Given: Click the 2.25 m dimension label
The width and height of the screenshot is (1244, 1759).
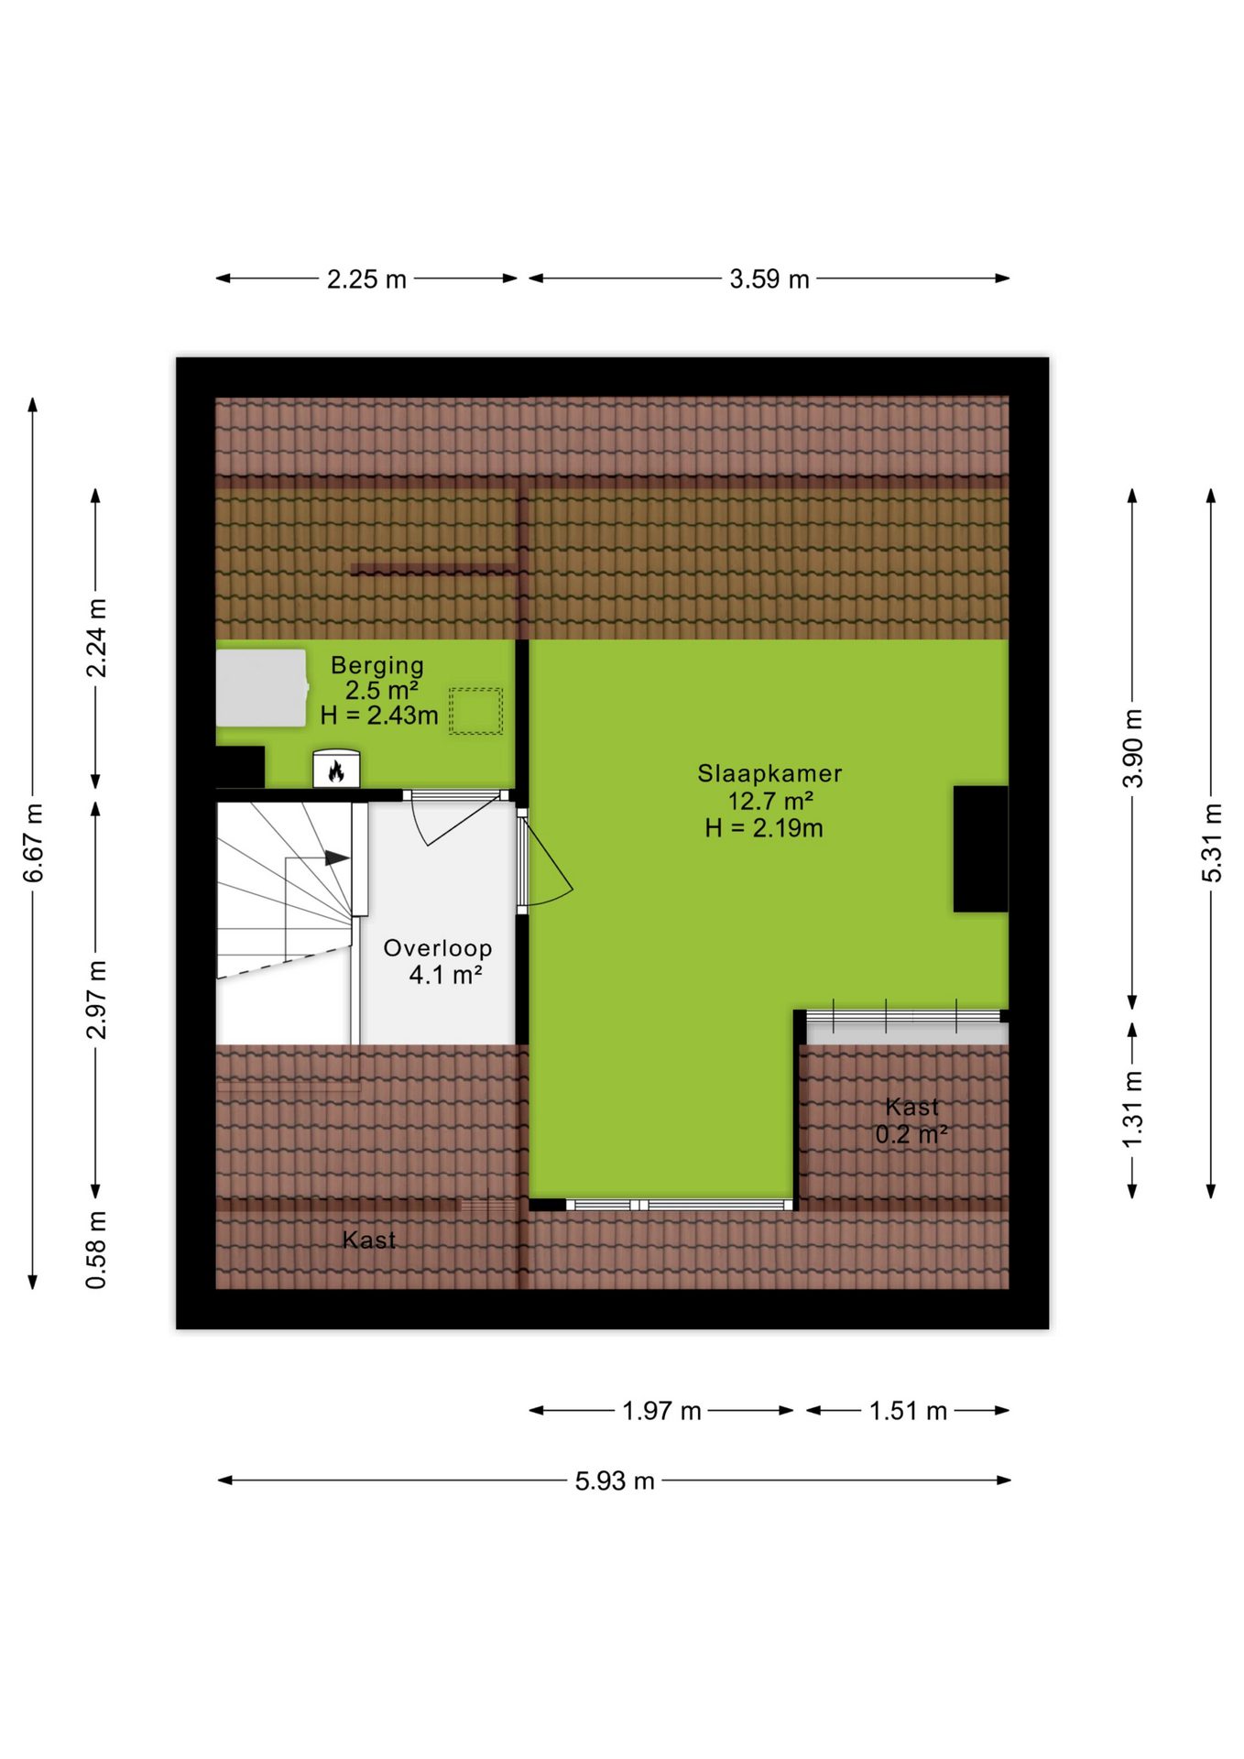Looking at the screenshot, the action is (x=366, y=279).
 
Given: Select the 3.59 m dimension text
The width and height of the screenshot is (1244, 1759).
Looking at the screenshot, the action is (x=769, y=279).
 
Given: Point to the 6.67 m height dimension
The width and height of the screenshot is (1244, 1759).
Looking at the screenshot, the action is (x=33, y=843).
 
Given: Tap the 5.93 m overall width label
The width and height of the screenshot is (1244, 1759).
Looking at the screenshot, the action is (x=615, y=1480).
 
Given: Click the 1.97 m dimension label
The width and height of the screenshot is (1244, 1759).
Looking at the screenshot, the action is (x=661, y=1411).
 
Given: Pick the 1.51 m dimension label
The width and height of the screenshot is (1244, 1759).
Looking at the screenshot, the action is (x=908, y=1411).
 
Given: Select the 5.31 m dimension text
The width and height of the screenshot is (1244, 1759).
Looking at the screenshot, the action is (x=1211, y=843).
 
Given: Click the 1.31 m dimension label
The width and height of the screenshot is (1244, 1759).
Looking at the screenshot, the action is (x=1132, y=1109).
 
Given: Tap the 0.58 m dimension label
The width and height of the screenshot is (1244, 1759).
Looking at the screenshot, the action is (x=95, y=1250).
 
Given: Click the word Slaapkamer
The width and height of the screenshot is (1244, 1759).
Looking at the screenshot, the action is (x=769, y=773).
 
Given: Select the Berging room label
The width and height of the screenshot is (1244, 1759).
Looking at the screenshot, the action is (x=377, y=665).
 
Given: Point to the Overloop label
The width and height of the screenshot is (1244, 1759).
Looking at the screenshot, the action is (x=438, y=948).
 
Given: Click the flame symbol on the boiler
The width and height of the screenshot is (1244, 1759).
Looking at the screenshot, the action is (x=336, y=771).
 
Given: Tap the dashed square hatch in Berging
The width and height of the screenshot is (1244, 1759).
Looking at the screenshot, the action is (x=475, y=711).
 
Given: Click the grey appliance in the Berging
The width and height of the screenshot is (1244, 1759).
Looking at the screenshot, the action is (x=261, y=688).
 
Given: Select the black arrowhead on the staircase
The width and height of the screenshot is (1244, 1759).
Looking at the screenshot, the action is (x=337, y=858).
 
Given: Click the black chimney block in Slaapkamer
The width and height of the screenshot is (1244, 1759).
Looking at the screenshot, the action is (x=980, y=848).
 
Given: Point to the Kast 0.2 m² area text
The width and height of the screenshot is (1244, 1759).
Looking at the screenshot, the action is (x=911, y=1120).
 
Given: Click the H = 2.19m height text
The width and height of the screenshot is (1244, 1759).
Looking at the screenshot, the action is (x=764, y=828).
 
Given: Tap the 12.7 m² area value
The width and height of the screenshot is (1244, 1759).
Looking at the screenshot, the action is (x=770, y=801).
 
